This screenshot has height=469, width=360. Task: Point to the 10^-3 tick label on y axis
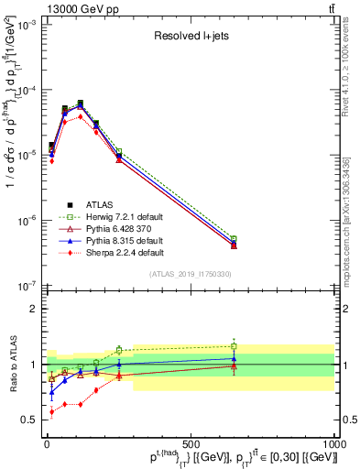tap(25, 25)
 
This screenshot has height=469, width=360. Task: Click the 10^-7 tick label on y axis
tap(25, 285)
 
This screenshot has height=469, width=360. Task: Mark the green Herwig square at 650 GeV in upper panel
tap(235, 239)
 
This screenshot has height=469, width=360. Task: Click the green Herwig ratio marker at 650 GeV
tap(235, 346)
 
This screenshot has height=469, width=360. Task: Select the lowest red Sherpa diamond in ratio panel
tap(52, 412)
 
